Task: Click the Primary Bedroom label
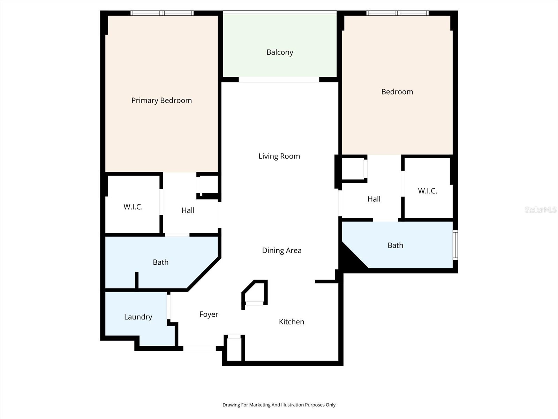click(x=161, y=101)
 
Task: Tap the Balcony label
click(x=280, y=52)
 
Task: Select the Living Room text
click(x=279, y=156)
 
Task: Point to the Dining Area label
click(x=281, y=250)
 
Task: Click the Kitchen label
click(x=291, y=322)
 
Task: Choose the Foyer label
click(x=209, y=314)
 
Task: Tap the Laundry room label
click(x=138, y=317)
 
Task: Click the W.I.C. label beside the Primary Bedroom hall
click(x=133, y=207)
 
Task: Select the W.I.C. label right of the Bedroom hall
click(x=427, y=191)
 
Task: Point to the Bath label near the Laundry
click(x=160, y=262)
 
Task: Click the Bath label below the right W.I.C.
click(x=395, y=245)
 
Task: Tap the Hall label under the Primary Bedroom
click(x=188, y=210)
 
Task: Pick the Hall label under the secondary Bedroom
click(x=374, y=199)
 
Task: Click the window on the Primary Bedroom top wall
click(x=162, y=13)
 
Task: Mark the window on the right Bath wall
click(x=455, y=245)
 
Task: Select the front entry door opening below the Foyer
click(x=199, y=348)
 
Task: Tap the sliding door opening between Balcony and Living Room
click(x=279, y=80)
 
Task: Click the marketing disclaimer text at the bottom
click(x=279, y=405)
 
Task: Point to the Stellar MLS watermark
click(x=540, y=209)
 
